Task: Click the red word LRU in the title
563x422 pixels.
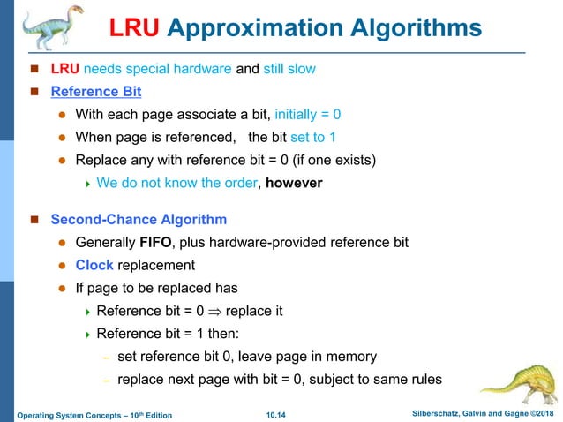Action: (x=133, y=29)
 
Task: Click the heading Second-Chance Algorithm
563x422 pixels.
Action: (x=139, y=219)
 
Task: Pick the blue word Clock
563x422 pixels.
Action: (x=94, y=265)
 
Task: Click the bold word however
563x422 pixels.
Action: (x=294, y=184)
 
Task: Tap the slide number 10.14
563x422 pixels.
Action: (x=278, y=415)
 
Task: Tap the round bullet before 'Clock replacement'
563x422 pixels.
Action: (x=63, y=265)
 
